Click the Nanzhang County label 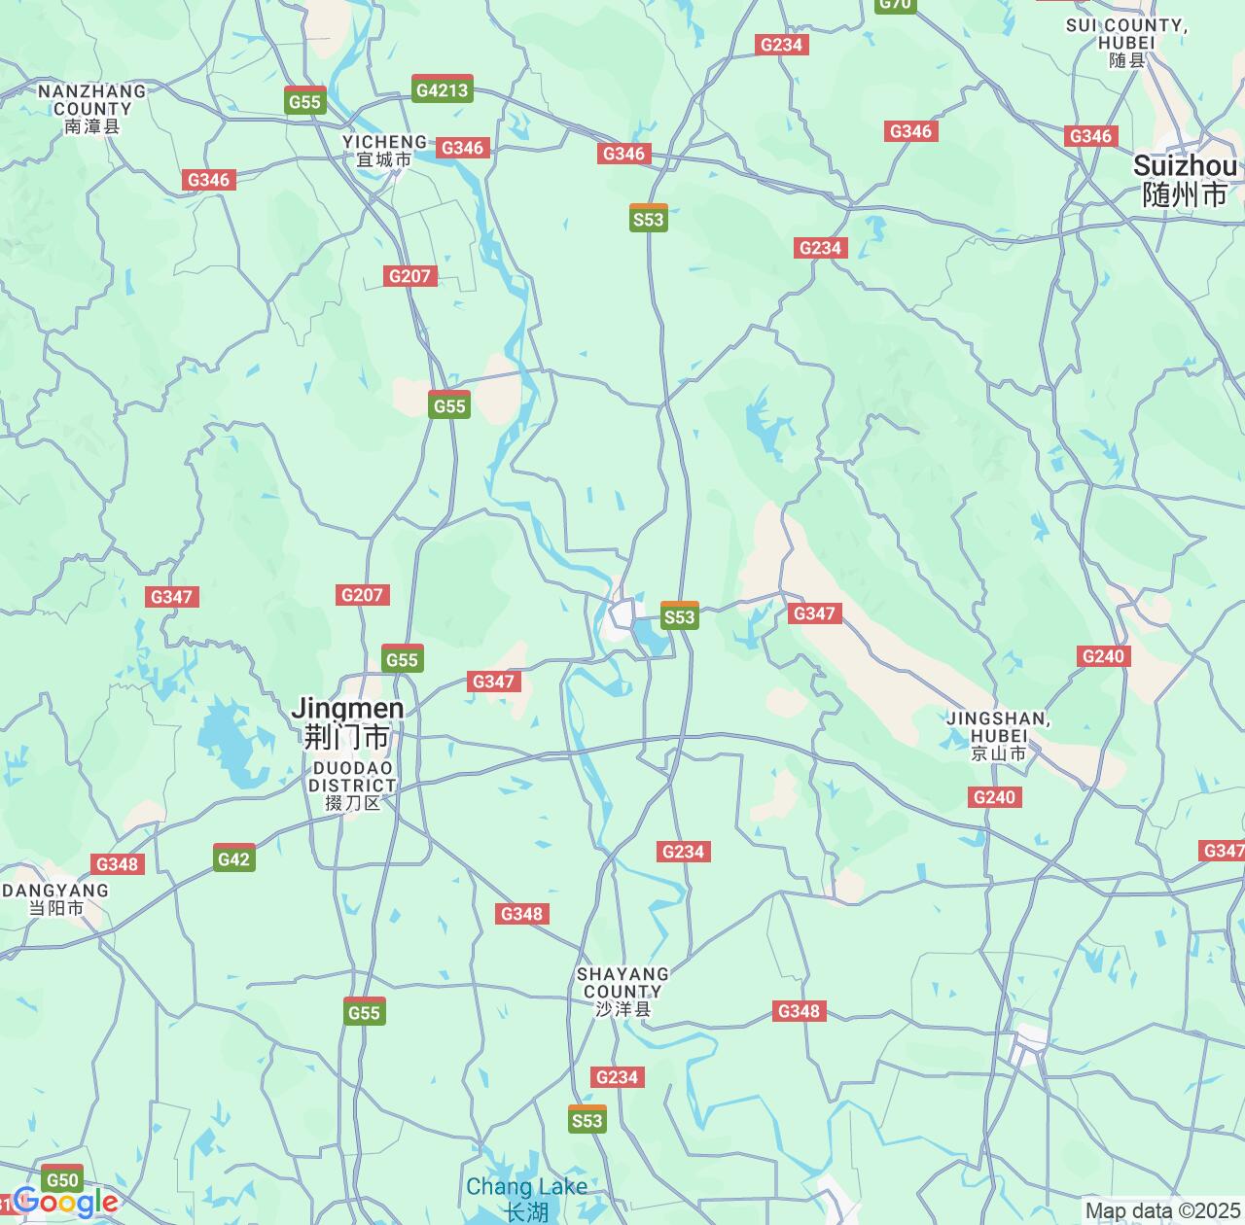(x=92, y=108)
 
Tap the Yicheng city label (x=384, y=151)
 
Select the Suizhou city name (x=1185, y=180)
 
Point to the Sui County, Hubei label (x=1126, y=42)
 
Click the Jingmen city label (x=347, y=722)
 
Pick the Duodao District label (x=352, y=786)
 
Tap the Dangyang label (x=55, y=899)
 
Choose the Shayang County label (x=622, y=991)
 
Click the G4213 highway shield (x=443, y=89)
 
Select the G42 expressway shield (x=234, y=857)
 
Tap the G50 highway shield (x=62, y=1179)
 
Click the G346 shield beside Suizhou (x=1090, y=136)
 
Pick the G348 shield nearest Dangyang (x=119, y=864)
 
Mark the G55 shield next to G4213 (x=305, y=101)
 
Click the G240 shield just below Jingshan (x=994, y=797)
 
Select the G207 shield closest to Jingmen (x=362, y=594)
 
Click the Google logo (x=66, y=1203)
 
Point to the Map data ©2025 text (x=1162, y=1211)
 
